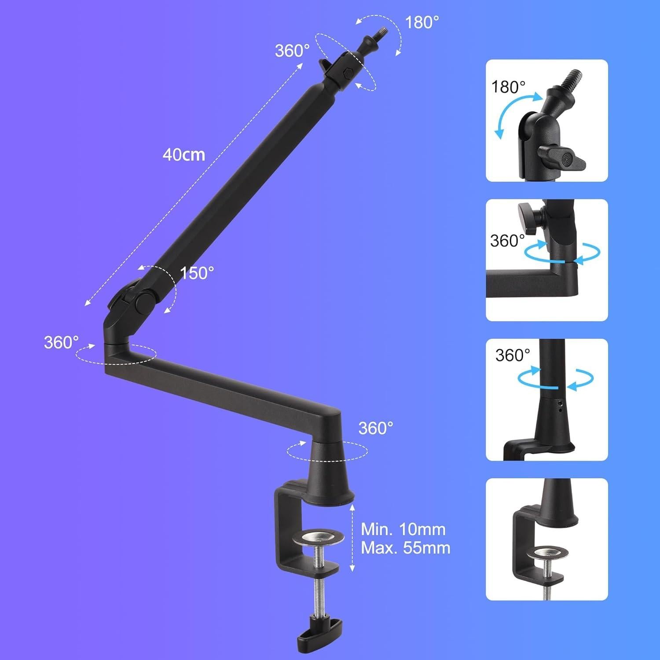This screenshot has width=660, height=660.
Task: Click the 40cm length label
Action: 184,155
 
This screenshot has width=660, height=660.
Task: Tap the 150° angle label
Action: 197,273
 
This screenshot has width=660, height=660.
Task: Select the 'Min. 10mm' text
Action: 403,529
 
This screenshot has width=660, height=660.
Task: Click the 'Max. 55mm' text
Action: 406,548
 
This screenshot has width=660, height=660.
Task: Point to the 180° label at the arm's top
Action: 422,22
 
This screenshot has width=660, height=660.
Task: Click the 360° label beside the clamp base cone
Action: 376,428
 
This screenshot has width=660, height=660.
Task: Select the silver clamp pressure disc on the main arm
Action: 318,537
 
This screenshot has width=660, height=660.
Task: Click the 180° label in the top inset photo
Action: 508,87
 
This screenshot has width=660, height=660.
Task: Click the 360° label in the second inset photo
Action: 507,241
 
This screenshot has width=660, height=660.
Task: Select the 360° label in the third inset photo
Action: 513,355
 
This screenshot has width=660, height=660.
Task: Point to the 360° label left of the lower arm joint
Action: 61,342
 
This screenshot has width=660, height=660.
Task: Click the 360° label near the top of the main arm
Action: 292,51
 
